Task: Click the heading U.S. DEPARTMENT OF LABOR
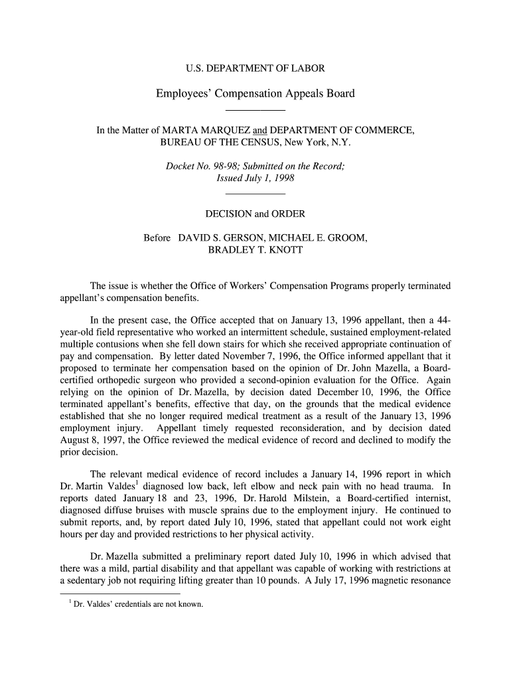(255, 68)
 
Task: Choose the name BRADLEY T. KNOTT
(256, 249)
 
